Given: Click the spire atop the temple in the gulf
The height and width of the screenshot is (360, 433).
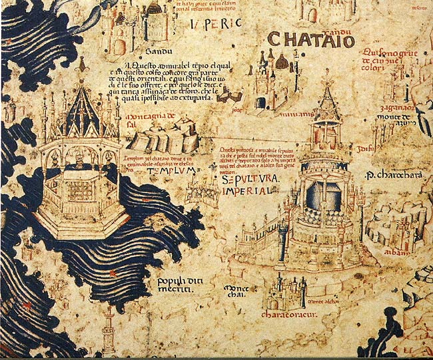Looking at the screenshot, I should coord(83,65).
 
